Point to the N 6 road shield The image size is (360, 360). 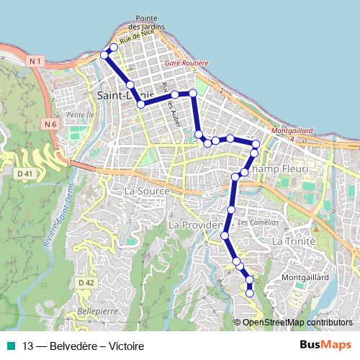50,125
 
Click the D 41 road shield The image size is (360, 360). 25,174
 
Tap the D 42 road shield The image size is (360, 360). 87,283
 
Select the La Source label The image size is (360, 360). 147,192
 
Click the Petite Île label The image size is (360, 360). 76,114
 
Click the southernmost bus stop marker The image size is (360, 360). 250,293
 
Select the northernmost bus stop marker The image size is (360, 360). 113,48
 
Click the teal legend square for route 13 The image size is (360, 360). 10,346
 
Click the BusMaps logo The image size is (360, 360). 325,346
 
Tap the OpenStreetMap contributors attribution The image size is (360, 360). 297,323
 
